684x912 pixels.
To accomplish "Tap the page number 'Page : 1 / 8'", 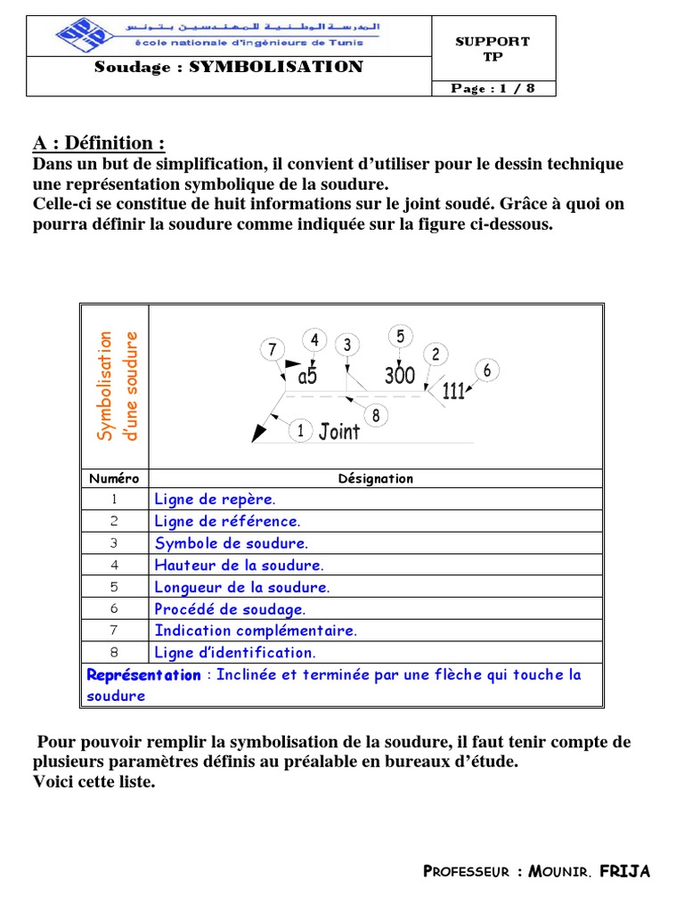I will pyautogui.click(x=493, y=88).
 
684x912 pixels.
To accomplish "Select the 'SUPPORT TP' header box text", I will pyautogui.click(x=493, y=48).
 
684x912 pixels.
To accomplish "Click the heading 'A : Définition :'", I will pyautogui.click(x=99, y=143).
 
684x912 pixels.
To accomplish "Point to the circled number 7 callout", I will pyautogui.click(x=273, y=350).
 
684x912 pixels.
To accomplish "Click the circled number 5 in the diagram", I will pyautogui.click(x=400, y=336).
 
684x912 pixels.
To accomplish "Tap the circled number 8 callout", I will pyautogui.click(x=376, y=414).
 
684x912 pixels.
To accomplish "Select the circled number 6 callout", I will pyautogui.click(x=486, y=370).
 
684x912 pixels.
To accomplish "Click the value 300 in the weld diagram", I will pyautogui.click(x=400, y=376).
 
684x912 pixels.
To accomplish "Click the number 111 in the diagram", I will pyautogui.click(x=454, y=391).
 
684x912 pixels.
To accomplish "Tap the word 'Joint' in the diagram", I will pyautogui.click(x=339, y=432).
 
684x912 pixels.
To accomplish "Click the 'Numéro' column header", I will pyautogui.click(x=114, y=478).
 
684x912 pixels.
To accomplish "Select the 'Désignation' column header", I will pyautogui.click(x=376, y=478).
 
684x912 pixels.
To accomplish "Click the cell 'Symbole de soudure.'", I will pyautogui.click(x=232, y=543).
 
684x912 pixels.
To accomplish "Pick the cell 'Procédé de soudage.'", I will pyautogui.click(x=230, y=609).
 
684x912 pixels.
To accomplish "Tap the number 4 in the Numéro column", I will pyautogui.click(x=114, y=566).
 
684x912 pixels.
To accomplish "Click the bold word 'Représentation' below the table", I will pyautogui.click(x=144, y=675).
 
